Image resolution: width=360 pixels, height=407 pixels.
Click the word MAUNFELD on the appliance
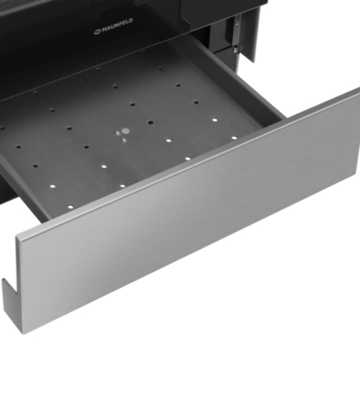[x=117, y=26]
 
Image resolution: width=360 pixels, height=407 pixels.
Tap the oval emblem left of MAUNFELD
[x=98, y=32]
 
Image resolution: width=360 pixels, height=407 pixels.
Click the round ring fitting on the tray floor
[x=126, y=130]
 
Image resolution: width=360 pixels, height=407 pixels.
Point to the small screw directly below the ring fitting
[x=124, y=140]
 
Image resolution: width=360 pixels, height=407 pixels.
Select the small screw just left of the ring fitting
[x=117, y=133]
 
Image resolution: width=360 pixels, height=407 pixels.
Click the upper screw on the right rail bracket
[x=237, y=23]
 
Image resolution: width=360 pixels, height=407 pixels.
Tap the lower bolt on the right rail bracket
[x=235, y=50]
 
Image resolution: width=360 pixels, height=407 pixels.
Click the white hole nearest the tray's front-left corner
[x=71, y=207]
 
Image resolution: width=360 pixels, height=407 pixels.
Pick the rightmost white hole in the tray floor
[x=234, y=138]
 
